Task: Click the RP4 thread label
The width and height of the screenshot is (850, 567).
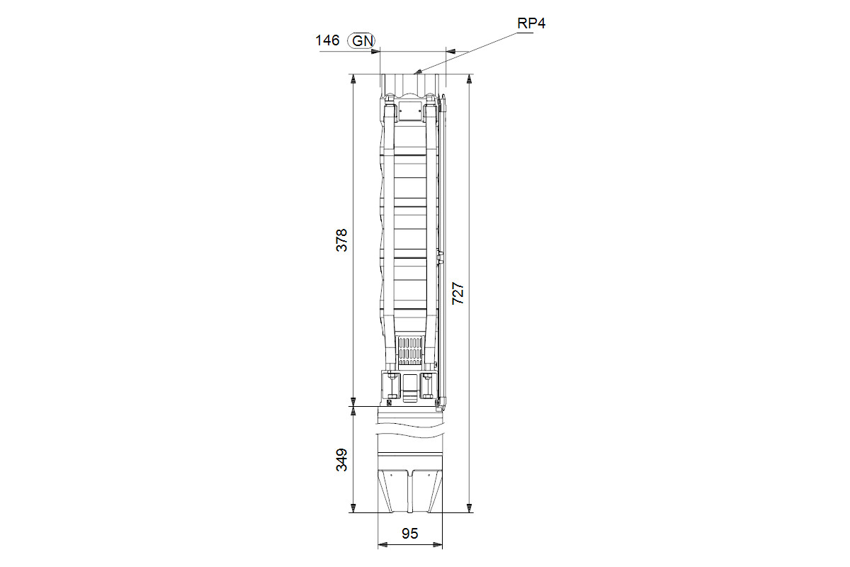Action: (x=531, y=23)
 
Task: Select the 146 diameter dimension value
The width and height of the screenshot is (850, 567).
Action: (x=327, y=40)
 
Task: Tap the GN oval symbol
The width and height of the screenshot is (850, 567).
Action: (x=362, y=40)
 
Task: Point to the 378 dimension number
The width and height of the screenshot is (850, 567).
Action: (x=341, y=240)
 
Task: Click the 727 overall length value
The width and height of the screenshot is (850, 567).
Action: (x=458, y=293)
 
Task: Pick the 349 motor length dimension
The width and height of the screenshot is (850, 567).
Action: (x=341, y=460)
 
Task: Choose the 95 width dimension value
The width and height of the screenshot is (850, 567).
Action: (x=410, y=534)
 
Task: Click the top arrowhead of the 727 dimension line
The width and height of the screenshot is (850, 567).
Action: (x=470, y=79)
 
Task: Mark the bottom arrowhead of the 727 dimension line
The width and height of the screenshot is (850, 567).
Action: (x=470, y=507)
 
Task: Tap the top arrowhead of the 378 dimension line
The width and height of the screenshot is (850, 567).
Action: (x=353, y=79)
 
